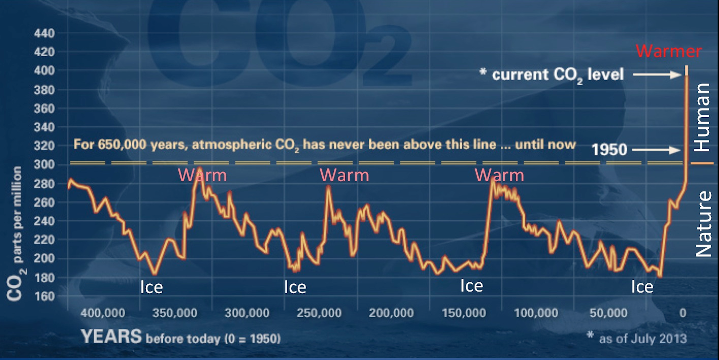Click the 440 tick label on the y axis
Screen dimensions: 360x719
coord(44,34)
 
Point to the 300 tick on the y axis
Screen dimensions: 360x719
coord(44,165)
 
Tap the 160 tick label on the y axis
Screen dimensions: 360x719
coord(44,297)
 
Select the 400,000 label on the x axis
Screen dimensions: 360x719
coord(103,313)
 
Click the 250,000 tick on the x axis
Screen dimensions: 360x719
coord(319,313)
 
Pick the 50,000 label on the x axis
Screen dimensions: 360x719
coord(608,313)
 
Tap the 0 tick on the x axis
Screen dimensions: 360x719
coord(683,313)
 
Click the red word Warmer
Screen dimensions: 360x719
coord(669,52)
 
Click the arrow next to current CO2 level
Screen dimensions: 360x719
coord(657,75)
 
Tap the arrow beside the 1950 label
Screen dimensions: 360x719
coord(656,150)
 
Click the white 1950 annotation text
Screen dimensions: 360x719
coord(609,150)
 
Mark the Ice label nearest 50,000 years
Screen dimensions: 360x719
coord(642,287)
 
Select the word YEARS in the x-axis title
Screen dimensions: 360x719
coord(111,337)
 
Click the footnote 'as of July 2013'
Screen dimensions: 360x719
coord(642,338)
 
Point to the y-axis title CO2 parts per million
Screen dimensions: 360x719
coord(15,234)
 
